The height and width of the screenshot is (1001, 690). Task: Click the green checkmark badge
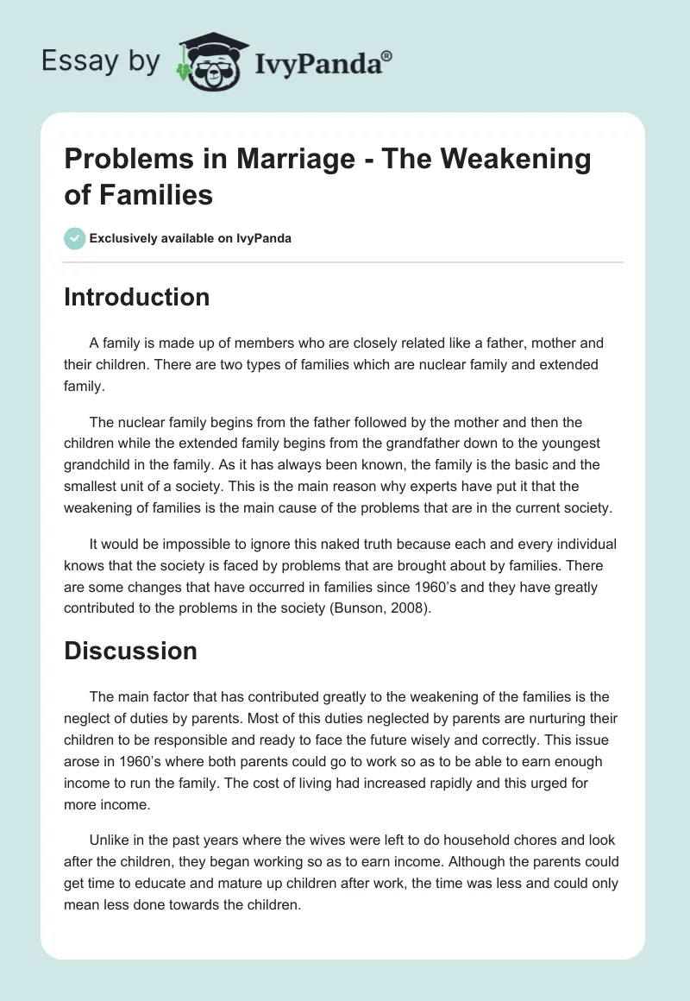(x=75, y=238)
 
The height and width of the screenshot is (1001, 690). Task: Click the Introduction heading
(x=137, y=297)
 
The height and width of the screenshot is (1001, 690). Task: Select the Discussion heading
(x=130, y=650)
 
